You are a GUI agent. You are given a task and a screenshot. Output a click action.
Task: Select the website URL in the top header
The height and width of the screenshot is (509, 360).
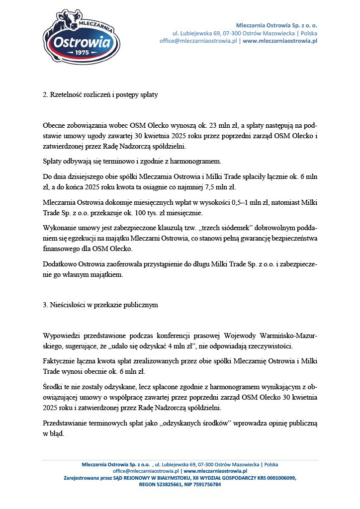coord(280,41)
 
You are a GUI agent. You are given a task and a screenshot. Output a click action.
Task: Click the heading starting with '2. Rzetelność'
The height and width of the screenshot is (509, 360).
coord(100,94)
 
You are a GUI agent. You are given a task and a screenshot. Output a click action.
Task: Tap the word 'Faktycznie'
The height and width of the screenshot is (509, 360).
coord(59,360)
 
